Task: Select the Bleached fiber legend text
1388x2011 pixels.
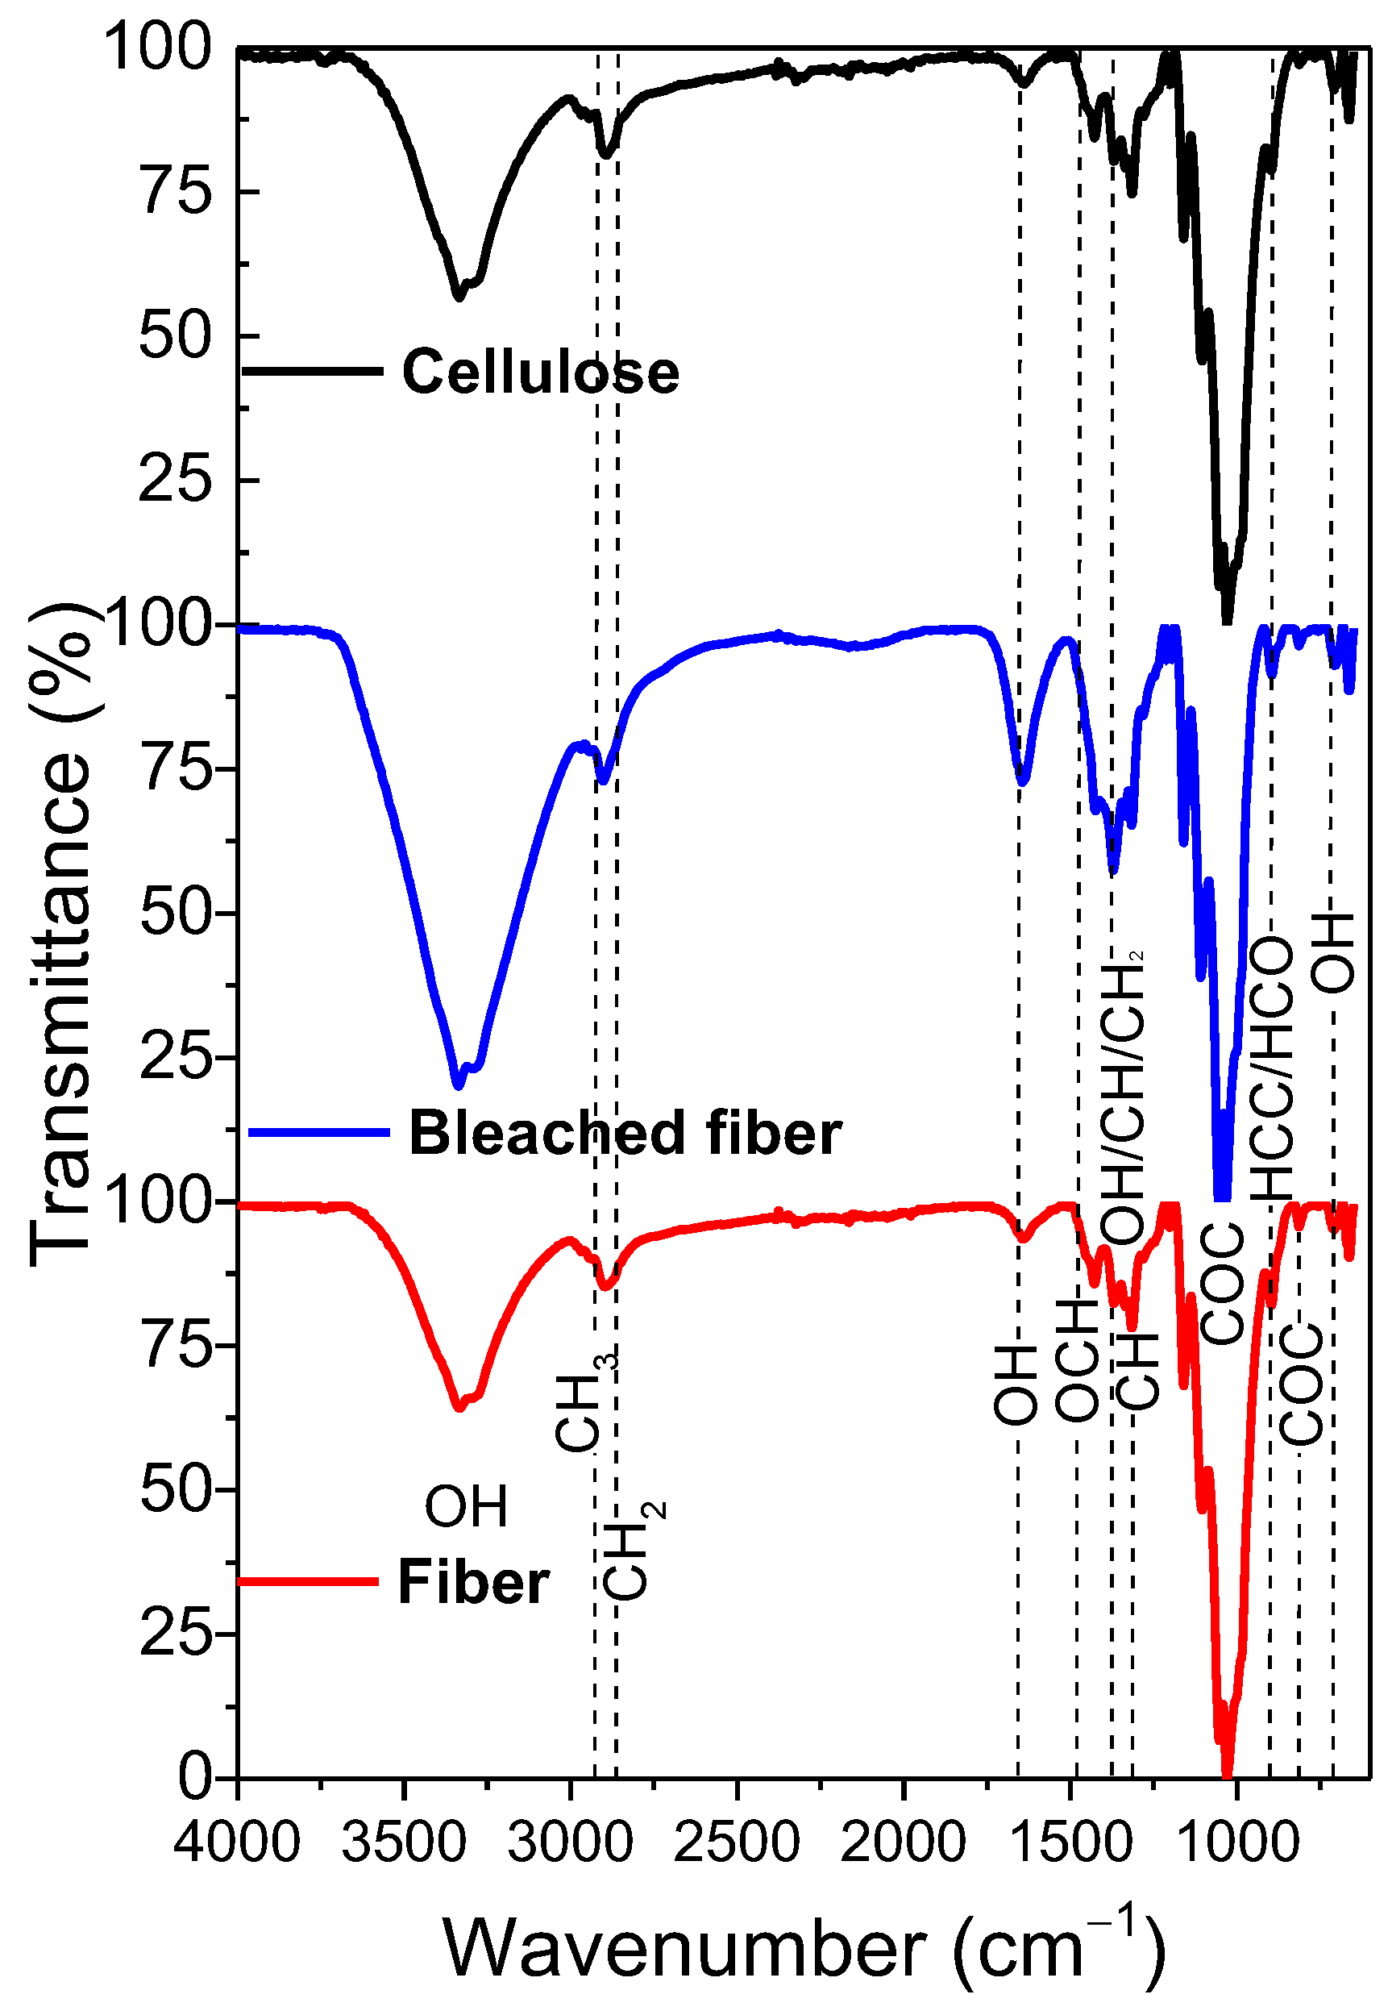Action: coord(625,1134)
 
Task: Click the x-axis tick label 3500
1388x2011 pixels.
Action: coord(405,1842)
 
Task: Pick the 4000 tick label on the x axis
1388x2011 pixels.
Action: coord(236,1842)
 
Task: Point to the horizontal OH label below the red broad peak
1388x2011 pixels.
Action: coord(466,1506)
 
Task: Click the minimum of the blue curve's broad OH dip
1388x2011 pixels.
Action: coord(459,1085)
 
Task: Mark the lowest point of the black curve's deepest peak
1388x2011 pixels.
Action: coord(1227,619)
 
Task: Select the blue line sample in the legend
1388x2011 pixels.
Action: coord(318,1131)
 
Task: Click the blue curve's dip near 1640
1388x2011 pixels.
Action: coord(1023,781)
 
